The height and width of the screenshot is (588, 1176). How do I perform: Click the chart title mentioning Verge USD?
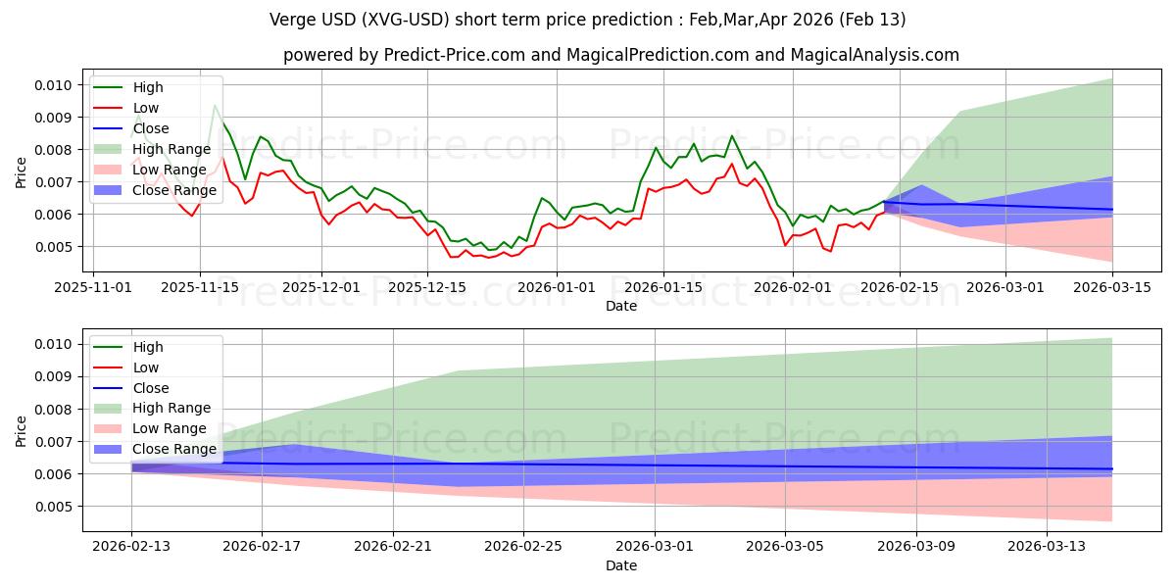587,20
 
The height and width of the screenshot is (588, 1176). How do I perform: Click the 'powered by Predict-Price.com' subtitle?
621,55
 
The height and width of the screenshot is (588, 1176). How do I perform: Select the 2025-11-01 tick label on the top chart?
94,287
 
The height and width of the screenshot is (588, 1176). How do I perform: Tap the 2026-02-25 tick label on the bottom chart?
523,546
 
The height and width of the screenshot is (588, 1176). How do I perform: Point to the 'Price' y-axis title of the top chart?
23,173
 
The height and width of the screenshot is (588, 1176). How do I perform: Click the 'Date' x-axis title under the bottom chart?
621,565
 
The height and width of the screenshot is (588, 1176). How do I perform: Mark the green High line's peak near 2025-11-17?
215,106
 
